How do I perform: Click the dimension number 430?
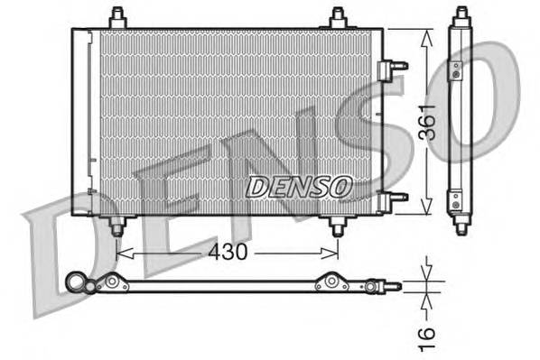[x=228, y=253]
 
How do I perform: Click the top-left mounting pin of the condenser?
[x=116, y=17]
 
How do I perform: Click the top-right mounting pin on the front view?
[x=338, y=17]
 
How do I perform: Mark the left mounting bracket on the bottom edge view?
[x=115, y=282]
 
